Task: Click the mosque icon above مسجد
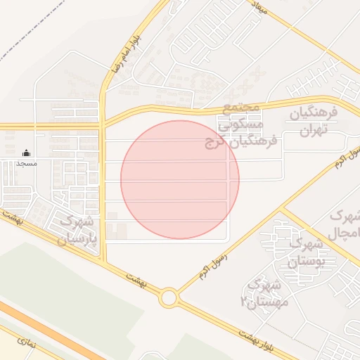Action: [27, 153]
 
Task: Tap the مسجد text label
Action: [27, 163]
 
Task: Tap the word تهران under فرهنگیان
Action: [310, 131]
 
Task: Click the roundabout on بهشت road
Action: [168, 298]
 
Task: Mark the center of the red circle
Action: [180, 179]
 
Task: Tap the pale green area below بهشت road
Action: [63, 281]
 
